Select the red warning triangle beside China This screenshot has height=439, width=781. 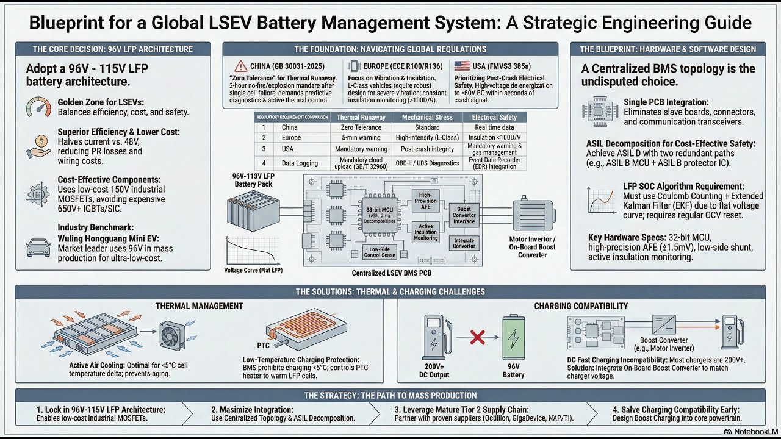coord(239,66)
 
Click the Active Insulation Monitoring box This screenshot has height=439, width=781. coord(426,232)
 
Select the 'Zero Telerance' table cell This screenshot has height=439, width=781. coord(361,127)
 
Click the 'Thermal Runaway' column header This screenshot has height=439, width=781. coord(361,117)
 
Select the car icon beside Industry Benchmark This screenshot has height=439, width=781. coord(39,248)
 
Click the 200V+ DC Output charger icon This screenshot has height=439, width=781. coord(435,336)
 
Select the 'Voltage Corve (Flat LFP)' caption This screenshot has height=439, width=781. coord(254,270)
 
